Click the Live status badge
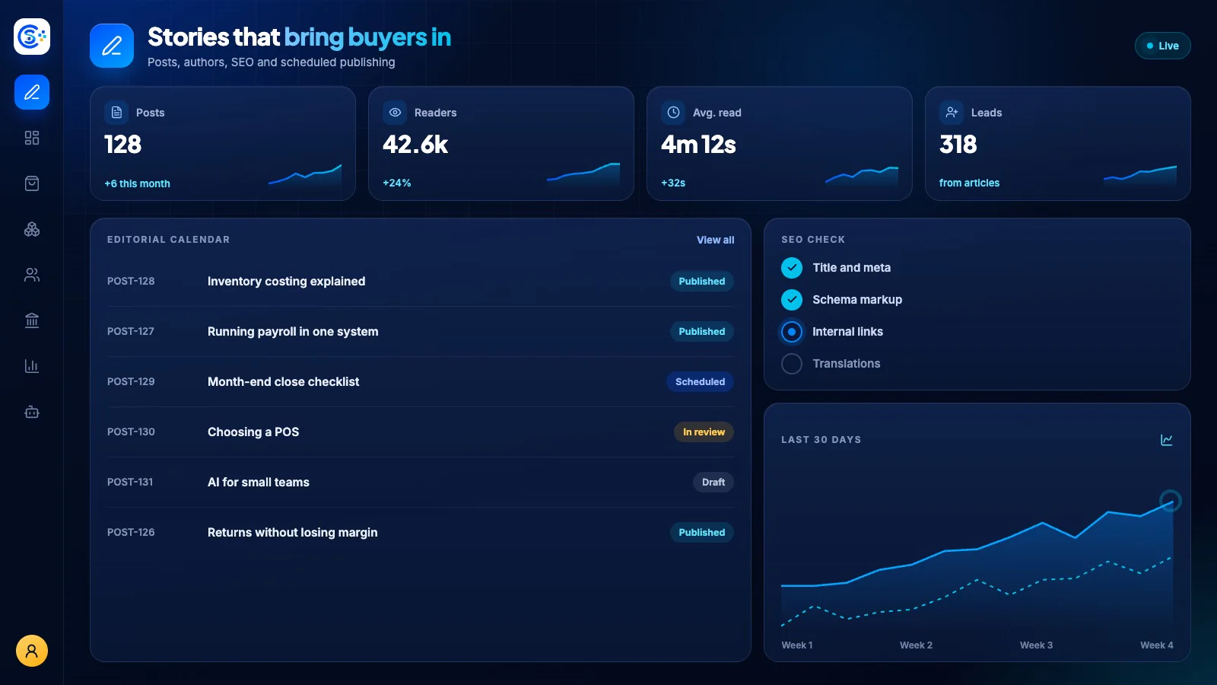click(x=1163, y=46)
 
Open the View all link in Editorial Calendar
click(x=715, y=240)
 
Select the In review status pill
click(x=704, y=432)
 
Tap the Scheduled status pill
click(x=700, y=381)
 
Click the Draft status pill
click(x=713, y=483)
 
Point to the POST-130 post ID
click(x=131, y=432)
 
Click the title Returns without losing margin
click(x=292, y=532)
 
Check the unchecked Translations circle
click(x=792, y=364)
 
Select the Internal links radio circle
click(x=792, y=332)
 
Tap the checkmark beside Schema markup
click(x=792, y=300)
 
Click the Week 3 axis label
click(x=1036, y=645)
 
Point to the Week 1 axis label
click(x=797, y=645)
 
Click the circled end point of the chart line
click(x=1171, y=501)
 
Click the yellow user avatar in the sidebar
click(x=32, y=651)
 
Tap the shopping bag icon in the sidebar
click(x=32, y=183)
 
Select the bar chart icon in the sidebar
click(x=32, y=366)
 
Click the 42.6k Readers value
click(x=415, y=145)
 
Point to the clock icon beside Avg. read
click(x=673, y=113)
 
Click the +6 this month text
click(x=137, y=183)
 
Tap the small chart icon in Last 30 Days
click(x=1167, y=440)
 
